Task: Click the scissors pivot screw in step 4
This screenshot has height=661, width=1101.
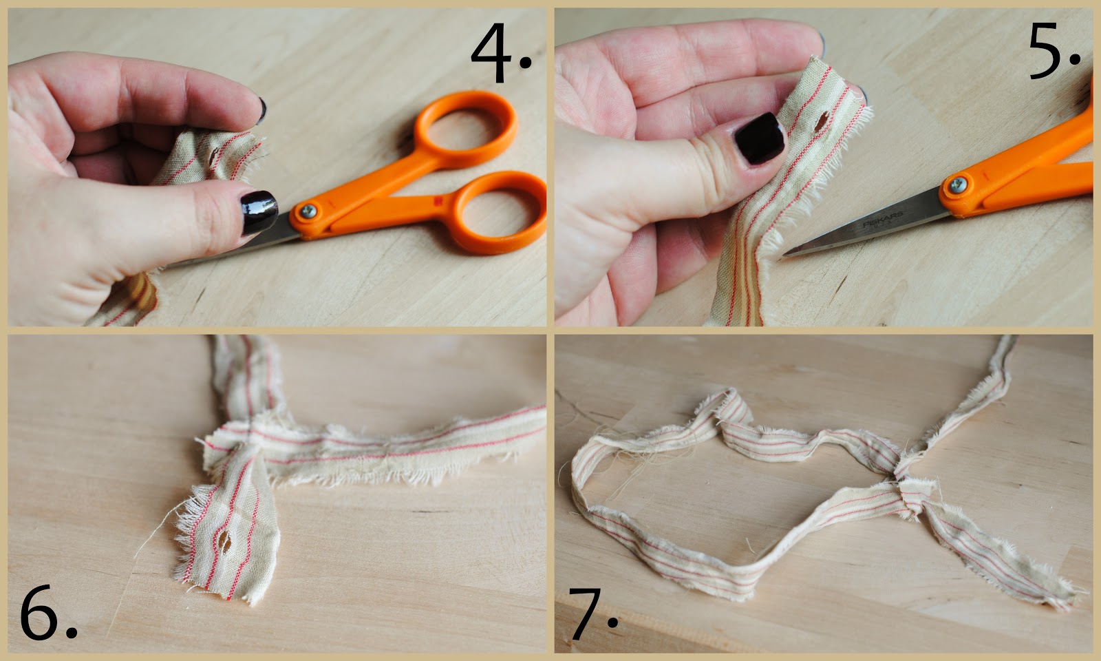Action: pos(308,211)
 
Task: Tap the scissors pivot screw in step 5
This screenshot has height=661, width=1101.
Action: pos(958,185)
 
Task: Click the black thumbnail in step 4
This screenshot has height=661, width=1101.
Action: pos(259,213)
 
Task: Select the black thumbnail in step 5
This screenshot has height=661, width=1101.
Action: pos(760,138)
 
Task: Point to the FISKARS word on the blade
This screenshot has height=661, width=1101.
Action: pos(883,220)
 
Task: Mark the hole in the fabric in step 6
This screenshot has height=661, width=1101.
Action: pos(224,542)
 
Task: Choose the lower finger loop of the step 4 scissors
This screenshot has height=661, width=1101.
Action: pos(498,213)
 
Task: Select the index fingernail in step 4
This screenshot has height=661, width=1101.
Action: pos(262,110)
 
